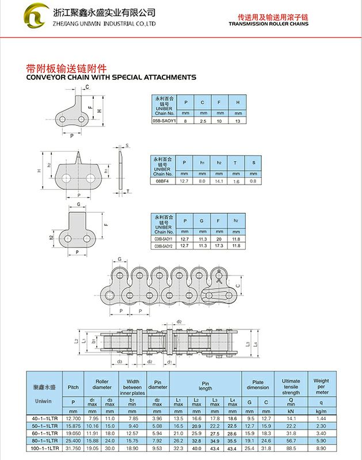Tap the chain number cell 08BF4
pyautogui.click(x=163, y=181)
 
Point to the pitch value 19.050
pyautogui.click(x=73, y=433)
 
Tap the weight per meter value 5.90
pyautogui.click(x=321, y=440)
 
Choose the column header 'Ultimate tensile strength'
pyautogui.click(x=291, y=386)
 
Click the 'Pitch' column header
pyautogui.click(x=73, y=386)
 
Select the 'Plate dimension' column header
pyautogui.click(x=258, y=384)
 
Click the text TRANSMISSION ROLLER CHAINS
pyautogui.click(x=268, y=24)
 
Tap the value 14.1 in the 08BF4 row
pyautogui.click(x=219, y=181)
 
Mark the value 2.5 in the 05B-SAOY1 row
pyautogui.click(x=202, y=121)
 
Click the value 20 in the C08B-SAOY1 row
pyautogui.click(x=219, y=239)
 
